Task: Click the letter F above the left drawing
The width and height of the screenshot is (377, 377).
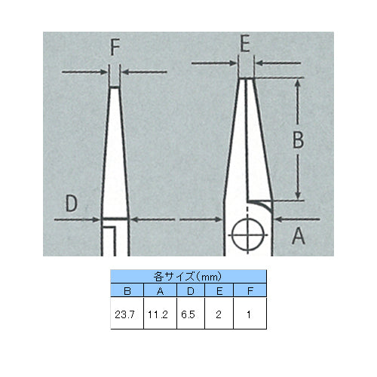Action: pyautogui.click(x=115, y=48)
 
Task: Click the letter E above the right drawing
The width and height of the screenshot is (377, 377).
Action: pyautogui.click(x=245, y=44)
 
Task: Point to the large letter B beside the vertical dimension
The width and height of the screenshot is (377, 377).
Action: pyautogui.click(x=299, y=139)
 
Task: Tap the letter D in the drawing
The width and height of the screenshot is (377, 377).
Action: pyautogui.click(x=71, y=203)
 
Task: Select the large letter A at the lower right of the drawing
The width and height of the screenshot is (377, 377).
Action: pyautogui.click(x=299, y=236)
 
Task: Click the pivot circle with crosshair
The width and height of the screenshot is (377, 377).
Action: pyautogui.click(x=248, y=235)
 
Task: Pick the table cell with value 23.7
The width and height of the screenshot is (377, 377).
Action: pyautogui.click(x=127, y=314)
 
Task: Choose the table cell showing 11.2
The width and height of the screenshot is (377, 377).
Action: pyautogui.click(x=160, y=314)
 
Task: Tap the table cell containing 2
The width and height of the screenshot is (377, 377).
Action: pyautogui.click(x=219, y=314)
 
